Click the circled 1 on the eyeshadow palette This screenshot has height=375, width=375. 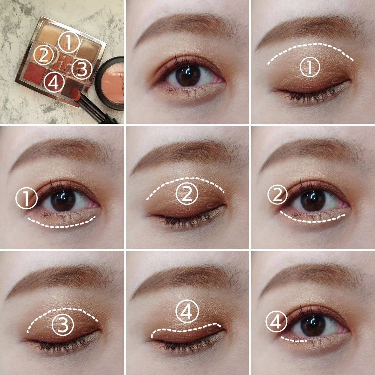(x=68, y=42)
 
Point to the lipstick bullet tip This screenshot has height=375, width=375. (x=77, y=93)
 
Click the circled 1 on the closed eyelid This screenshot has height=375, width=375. (x=310, y=67)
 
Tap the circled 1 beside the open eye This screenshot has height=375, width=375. (x=26, y=198)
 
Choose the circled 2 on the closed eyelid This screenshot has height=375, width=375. (x=187, y=194)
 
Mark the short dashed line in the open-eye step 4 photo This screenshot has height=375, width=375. (x=293, y=340)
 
